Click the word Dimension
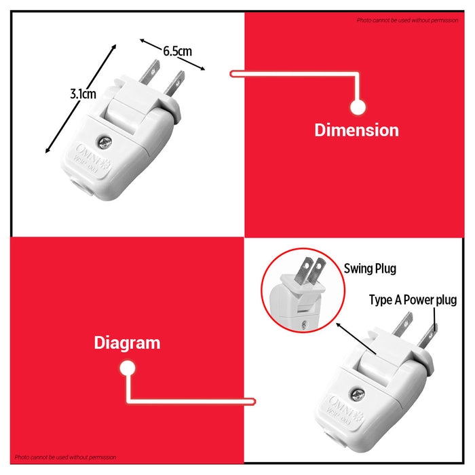pyautogui.click(x=356, y=130)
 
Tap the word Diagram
pyautogui.click(x=127, y=343)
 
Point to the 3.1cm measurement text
pyautogui.click(x=83, y=94)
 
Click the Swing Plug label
pyautogui.click(x=370, y=269)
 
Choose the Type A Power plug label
pyautogui.click(x=413, y=300)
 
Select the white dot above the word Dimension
pyautogui.click(x=358, y=107)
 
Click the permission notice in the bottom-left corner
pyautogui.click(x=65, y=457)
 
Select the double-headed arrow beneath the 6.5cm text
pyautogui.click(x=172, y=54)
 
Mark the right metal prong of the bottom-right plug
pyautogui.click(x=429, y=332)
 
